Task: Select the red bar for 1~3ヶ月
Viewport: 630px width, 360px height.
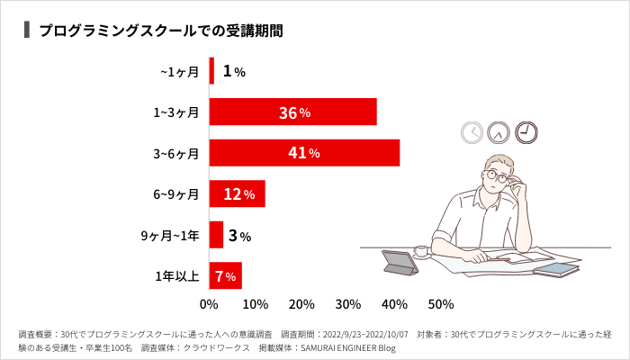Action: click(292, 112)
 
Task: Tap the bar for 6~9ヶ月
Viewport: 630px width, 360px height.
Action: click(237, 193)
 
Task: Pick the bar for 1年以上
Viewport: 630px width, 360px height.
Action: click(225, 275)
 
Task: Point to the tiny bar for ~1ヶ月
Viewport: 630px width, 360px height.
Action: click(211, 71)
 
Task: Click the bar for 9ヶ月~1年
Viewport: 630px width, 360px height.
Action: click(216, 235)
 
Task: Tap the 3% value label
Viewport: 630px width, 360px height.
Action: click(238, 236)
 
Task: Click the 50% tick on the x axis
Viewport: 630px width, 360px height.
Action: click(441, 303)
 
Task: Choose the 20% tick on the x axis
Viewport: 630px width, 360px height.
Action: click(301, 303)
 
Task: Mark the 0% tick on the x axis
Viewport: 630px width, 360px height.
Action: click(209, 303)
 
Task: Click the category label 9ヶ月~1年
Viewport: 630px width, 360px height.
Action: click(169, 235)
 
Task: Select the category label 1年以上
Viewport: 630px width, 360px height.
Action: click(177, 275)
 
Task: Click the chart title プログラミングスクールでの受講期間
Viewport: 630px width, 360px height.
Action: click(161, 30)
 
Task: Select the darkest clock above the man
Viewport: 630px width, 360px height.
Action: click(526, 132)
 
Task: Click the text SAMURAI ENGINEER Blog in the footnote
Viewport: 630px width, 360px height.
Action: click(348, 347)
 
